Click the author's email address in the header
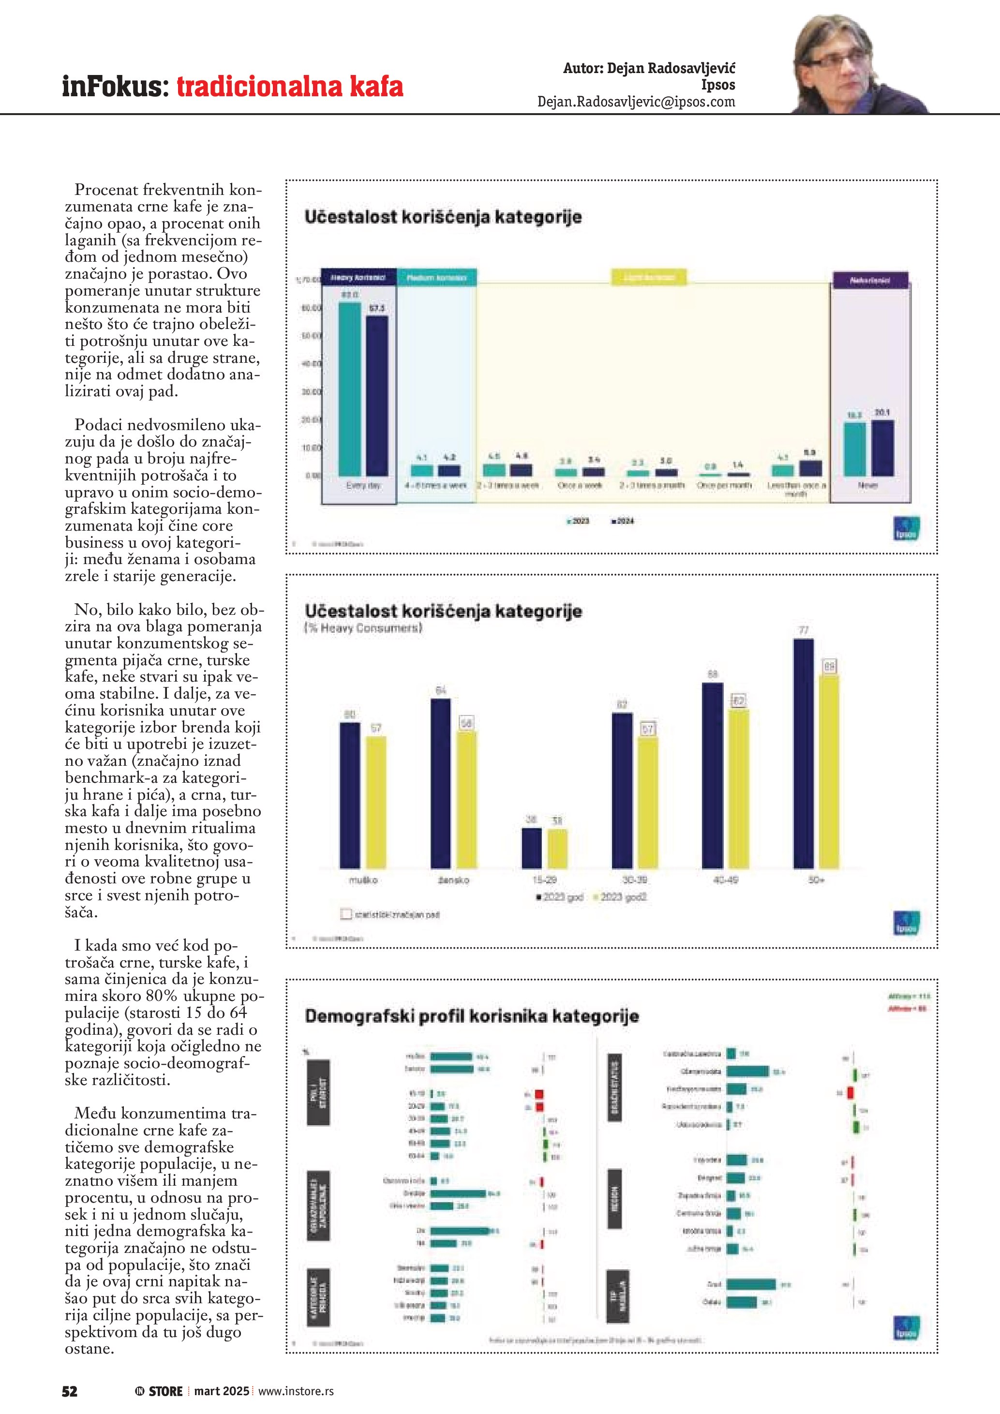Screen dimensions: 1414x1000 636,102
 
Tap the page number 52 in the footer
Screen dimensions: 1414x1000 70,1391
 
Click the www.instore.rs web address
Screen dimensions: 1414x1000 296,1391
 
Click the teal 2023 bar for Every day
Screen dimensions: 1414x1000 350,389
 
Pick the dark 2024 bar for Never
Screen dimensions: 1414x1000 882,448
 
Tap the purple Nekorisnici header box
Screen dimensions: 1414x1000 869,280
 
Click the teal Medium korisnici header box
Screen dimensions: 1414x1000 436,278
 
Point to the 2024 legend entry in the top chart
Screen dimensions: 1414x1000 623,521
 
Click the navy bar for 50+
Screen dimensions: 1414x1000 804,753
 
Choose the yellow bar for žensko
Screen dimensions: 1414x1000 466,799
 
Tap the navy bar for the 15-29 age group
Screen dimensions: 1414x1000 531,848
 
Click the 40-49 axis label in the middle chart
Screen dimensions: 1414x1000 725,880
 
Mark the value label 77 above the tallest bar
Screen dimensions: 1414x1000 804,630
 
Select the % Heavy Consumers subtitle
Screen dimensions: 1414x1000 363,628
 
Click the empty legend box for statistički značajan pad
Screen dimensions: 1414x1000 346,914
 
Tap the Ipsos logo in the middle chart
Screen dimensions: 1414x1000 907,923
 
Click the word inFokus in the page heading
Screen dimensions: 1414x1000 115,86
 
